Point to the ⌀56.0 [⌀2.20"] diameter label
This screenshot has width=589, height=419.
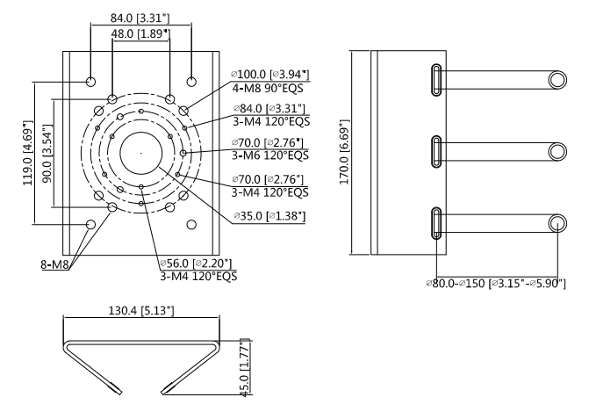[x=198, y=263]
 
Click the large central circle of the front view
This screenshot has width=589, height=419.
[x=141, y=155]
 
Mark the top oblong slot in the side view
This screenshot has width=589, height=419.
[x=435, y=80]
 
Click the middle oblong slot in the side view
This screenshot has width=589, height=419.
[x=435, y=152]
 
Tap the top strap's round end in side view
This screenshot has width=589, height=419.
[x=557, y=80]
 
